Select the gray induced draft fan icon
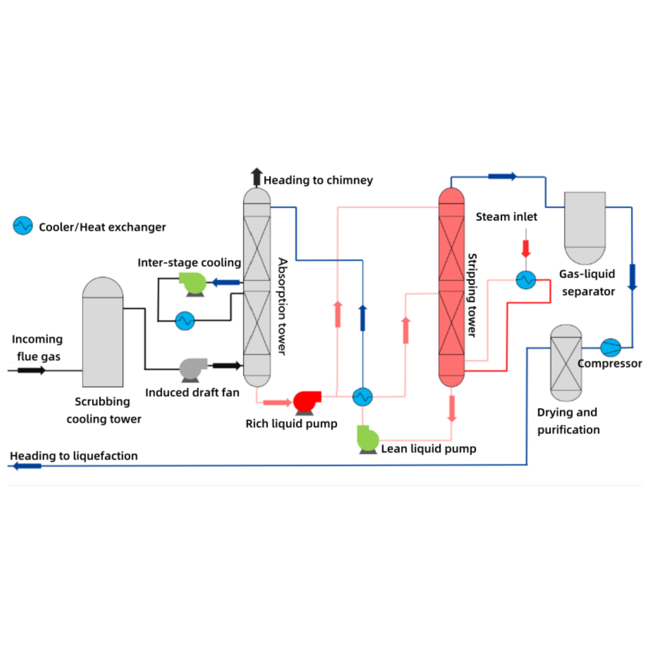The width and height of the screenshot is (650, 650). [194, 369]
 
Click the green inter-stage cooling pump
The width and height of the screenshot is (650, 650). [191, 284]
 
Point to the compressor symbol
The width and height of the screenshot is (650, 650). [611, 347]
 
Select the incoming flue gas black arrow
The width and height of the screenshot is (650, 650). [31, 370]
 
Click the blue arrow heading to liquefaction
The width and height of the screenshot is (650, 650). [26, 466]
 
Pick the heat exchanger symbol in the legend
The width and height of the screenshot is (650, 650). [23, 225]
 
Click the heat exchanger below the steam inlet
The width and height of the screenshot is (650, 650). [525, 279]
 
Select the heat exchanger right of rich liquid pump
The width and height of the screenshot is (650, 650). [362, 397]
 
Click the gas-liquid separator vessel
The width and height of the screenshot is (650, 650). [585, 227]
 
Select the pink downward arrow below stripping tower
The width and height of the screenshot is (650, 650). [452, 409]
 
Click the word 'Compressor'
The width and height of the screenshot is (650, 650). [609, 364]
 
